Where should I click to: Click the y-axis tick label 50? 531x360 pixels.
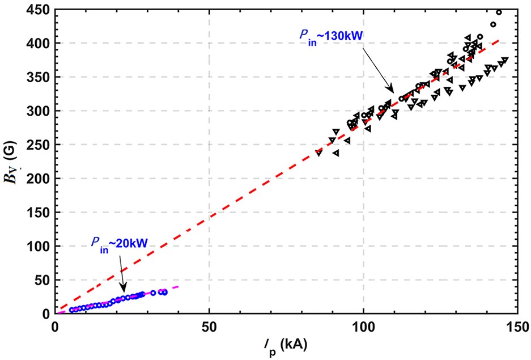[x=43, y=280]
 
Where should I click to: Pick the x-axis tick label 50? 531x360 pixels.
[x=209, y=327]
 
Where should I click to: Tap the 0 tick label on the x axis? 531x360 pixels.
[x=55, y=327]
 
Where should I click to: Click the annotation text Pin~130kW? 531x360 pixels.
[x=332, y=37]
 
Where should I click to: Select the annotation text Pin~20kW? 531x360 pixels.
[x=120, y=243]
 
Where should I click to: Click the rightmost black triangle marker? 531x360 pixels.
[x=505, y=60]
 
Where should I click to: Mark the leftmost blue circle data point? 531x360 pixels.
[x=72, y=310]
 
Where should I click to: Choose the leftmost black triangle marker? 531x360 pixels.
[x=319, y=153]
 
